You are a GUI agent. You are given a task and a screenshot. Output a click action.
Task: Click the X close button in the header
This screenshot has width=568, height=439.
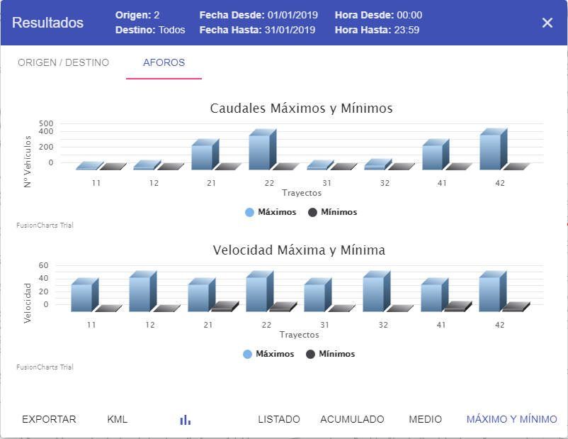tap(547, 23)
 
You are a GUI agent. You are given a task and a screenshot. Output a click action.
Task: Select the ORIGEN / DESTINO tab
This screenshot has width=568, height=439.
tap(63, 62)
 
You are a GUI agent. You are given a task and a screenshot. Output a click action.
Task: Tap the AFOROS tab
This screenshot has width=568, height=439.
tap(164, 62)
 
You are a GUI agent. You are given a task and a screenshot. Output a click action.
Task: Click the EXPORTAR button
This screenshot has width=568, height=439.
tap(49, 419)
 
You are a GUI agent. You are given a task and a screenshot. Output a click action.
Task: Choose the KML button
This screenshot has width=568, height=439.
tap(118, 419)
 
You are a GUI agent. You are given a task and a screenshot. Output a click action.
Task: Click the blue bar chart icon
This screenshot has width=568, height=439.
tap(186, 420)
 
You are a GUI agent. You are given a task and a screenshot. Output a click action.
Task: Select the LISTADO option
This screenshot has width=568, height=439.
tap(279, 419)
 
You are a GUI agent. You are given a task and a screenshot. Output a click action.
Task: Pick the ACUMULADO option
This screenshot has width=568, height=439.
tap(352, 419)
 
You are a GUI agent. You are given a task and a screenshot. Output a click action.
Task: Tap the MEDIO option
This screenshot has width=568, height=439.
tap(425, 419)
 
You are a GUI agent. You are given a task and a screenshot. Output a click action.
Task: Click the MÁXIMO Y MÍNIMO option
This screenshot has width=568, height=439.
tap(511, 419)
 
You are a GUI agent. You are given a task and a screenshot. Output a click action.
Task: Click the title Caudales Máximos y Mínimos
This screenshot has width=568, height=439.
tap(301, 109)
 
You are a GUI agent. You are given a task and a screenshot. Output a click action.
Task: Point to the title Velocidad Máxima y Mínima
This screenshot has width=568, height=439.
tap(299, 250)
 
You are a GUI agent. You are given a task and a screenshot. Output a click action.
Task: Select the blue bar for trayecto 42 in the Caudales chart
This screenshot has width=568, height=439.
tap(490, 151)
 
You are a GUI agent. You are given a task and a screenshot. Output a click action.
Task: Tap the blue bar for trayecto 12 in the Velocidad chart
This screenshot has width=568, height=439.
tap(140, 293)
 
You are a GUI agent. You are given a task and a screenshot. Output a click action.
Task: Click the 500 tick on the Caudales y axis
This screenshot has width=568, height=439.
tap(46, 123)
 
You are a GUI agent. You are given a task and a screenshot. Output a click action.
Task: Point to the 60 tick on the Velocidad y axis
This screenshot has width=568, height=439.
tap(43, 265)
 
